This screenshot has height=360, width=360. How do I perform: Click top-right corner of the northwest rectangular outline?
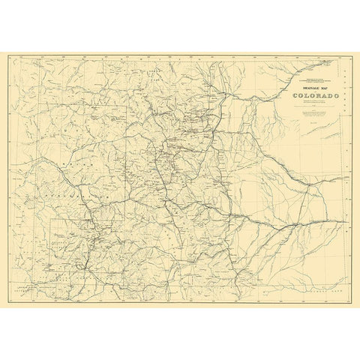[125, 106]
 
